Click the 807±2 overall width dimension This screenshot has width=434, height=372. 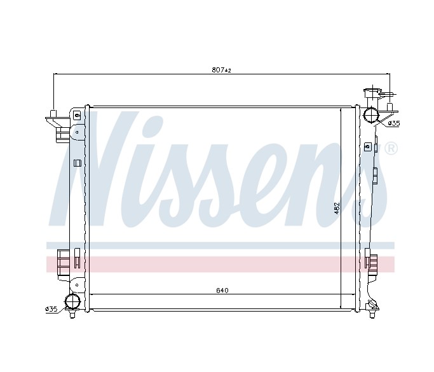tap(221, 70)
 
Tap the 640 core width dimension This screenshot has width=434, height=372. tap(222, 291)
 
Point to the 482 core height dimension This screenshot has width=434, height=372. tap(337, 208)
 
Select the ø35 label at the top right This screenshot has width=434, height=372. tap(394, 123)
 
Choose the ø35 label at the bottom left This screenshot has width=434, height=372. tap(51, 309)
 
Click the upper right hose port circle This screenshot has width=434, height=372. tap(370, 116)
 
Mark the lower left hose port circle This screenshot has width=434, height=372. tap(72, 301)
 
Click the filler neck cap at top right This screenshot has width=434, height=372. tap(372, 93)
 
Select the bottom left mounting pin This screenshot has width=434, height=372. tap(72, 314)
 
